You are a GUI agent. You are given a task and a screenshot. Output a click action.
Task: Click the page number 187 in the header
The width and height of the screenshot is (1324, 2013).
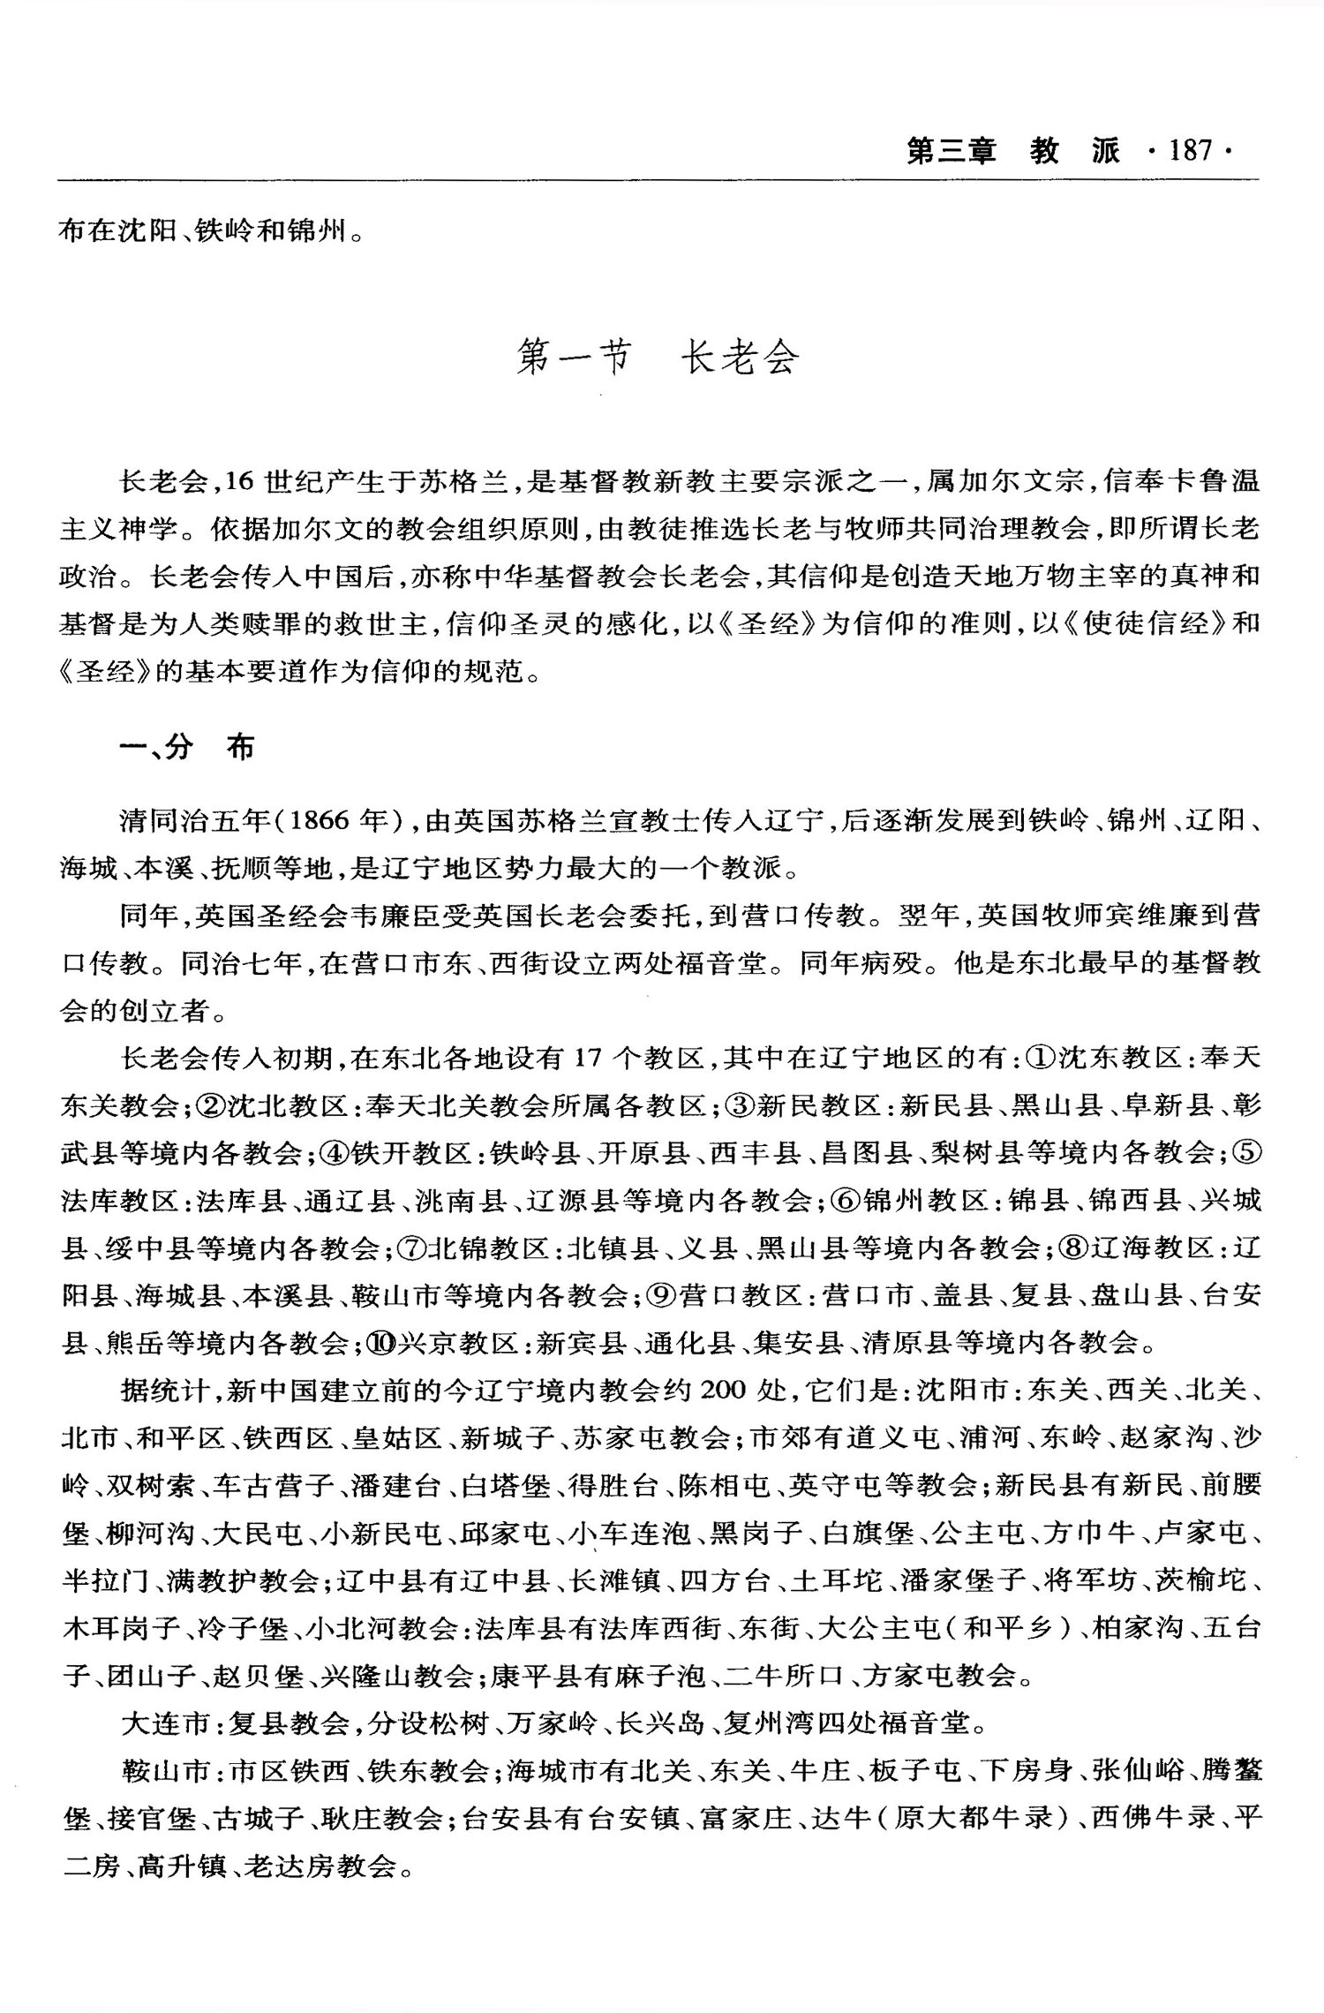click(1191, 151)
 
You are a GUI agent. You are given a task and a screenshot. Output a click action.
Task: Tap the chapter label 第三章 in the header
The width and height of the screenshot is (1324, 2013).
click(952, 151)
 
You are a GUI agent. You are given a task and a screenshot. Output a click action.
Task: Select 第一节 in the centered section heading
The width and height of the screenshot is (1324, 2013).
click(575, 358)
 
